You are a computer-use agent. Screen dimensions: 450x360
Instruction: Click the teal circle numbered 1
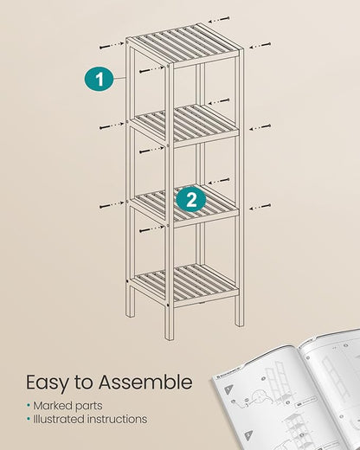[100, 80]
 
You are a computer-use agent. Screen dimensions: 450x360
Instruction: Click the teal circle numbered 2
[191, 200]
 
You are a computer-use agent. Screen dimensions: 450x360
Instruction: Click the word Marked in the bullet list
[55, 405]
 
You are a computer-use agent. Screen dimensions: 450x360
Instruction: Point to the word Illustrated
[61, 419]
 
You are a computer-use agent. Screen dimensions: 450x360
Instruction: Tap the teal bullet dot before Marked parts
[29, 405]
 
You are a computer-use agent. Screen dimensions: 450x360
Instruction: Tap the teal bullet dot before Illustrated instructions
[29, 419]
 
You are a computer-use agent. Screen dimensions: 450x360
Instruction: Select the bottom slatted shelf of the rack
[183, 282]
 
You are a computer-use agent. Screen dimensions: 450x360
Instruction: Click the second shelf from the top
[183, 124]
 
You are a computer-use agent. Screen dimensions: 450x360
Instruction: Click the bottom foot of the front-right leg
[170, 332]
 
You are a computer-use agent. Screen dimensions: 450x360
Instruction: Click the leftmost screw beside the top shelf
[106, 48]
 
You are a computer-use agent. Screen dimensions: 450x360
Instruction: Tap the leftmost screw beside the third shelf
[106, 205]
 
